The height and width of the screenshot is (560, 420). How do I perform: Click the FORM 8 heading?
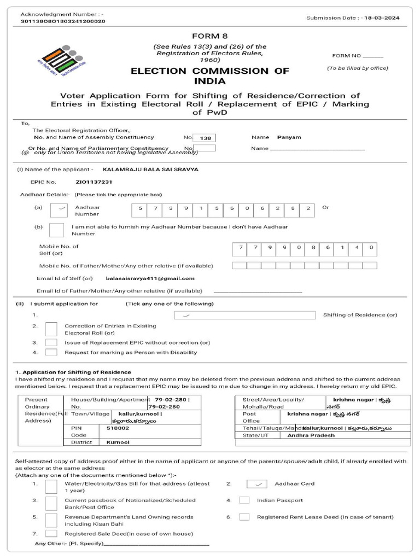tap(209, 36)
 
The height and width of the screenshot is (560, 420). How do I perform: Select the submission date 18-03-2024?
tap(383, 18)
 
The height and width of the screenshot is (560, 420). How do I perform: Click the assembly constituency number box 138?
tap(205, 138)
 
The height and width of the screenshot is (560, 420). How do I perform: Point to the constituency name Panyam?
tap(289, 137)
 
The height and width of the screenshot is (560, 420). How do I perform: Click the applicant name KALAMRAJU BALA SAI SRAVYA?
tap(150, 170)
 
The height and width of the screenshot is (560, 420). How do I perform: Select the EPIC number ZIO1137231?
tap(94, 182)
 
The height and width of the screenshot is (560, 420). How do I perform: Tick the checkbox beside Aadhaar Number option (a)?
tap(59, 211)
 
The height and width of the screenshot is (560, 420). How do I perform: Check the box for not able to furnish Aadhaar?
tap(57, 230)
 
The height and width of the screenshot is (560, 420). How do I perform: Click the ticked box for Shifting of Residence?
tap(244, 315)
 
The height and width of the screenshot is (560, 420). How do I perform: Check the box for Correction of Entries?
tap(51, 329)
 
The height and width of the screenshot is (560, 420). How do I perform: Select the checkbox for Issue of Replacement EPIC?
tap(51, 342)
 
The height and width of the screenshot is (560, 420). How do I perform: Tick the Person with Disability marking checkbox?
tap(51, 353)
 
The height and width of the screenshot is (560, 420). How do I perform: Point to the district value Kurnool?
tap(118, 442)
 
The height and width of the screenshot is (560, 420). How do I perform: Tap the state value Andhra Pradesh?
tap(311, 435)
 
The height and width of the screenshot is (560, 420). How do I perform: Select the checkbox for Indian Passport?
tap(244, 500)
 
